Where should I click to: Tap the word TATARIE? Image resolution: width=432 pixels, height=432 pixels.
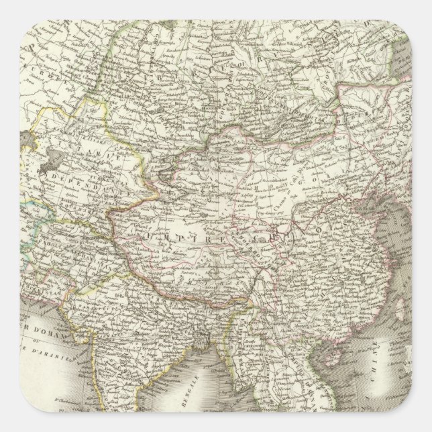(67, 154)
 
